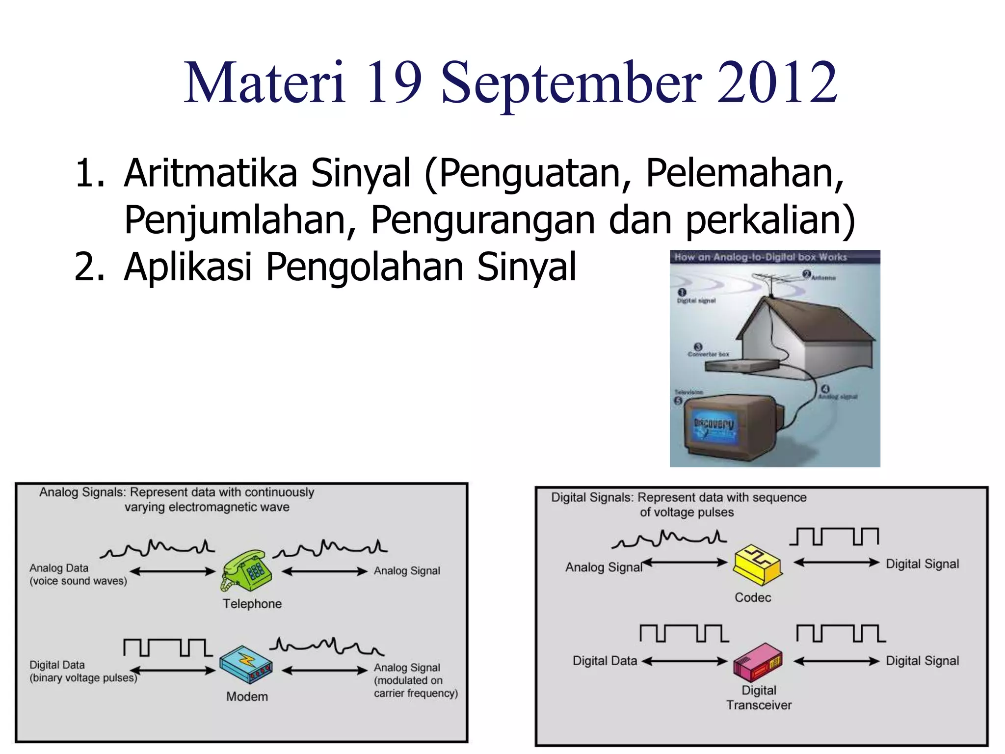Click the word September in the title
click(571, 83)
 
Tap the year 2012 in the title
click(777, 83)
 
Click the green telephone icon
click(247, 570)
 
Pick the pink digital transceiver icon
click(758, 661)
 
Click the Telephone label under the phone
click(252, 604)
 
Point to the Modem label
click(247, 697)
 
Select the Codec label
click(753, 597)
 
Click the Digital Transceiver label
click(759, 698)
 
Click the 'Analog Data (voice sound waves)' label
click(78, 574)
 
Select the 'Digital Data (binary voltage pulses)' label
click(82, 671)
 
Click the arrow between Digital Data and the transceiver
click(685, 661)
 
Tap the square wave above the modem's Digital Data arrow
click(168, 647)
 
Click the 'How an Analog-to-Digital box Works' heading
click(760, 257)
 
